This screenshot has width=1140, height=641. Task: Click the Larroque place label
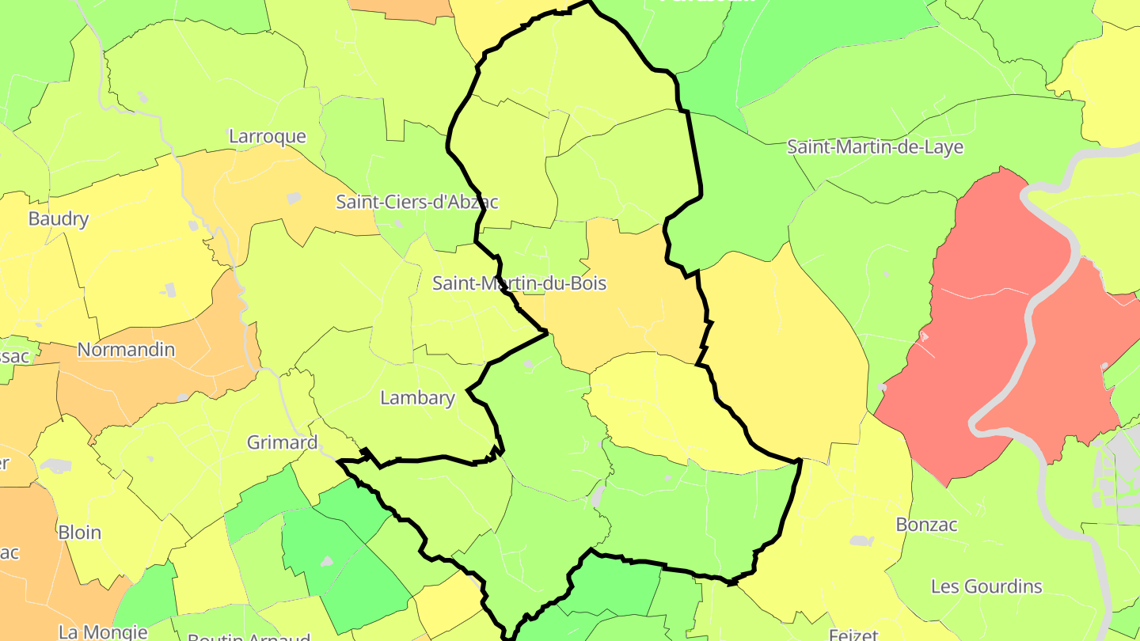click(267, 136)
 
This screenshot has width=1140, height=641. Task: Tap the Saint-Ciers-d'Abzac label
click(417, 202)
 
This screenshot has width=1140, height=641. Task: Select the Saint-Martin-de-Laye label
click(875, 146)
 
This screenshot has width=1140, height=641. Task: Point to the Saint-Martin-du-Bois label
click(519, 283)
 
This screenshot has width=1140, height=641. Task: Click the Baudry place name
click(59, 218)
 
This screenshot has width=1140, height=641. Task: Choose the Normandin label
click(126, 349)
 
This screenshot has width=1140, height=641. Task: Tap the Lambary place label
click(417, 397)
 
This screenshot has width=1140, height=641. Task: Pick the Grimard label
click(282, 442)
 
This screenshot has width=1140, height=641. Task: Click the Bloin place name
click(80, 533)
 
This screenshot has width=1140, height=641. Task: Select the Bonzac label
click(926, 525)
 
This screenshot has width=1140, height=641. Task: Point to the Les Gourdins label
click(986, 586)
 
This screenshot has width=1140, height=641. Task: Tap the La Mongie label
click(103, 632)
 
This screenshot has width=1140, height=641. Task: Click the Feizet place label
click(854, 635)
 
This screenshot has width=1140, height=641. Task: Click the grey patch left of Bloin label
click(55, 465)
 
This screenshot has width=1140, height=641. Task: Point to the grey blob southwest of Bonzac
click(861, 541)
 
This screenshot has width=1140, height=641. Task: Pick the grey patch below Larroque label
click(294, 198)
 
